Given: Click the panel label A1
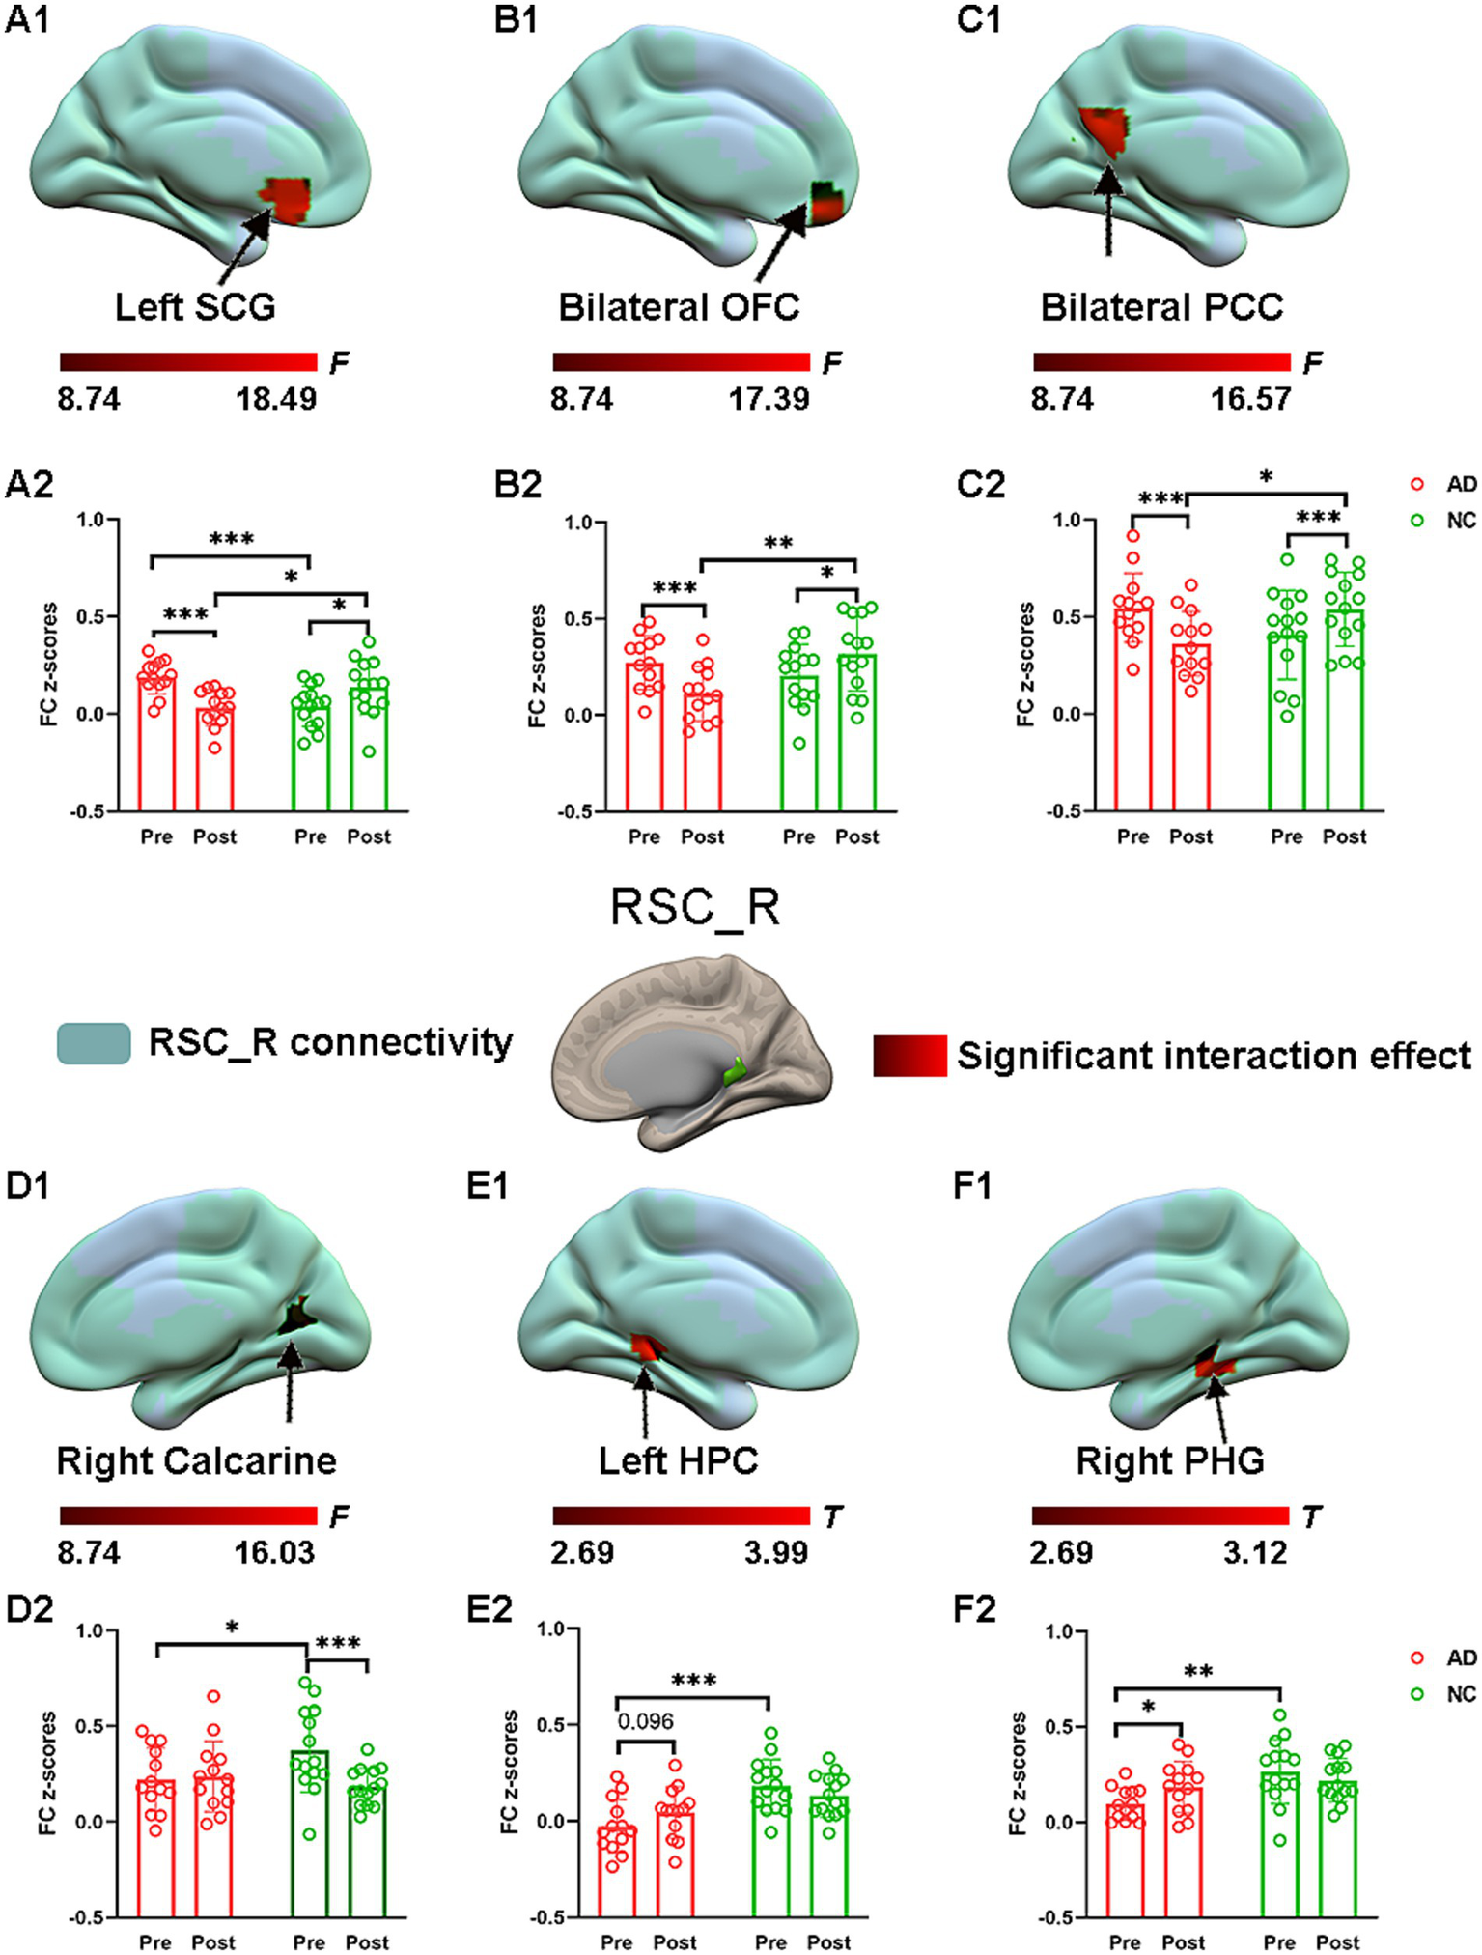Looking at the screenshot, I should click(x=28, y=20).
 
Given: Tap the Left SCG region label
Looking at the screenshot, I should click(x=195, y=307).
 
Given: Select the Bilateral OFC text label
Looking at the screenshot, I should click(x=679, y=307).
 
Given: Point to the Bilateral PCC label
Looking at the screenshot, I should click(x=1161, y=307).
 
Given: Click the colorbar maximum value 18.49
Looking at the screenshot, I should click(x=276, y=398).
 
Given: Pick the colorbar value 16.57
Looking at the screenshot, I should click(x=1251, y=398).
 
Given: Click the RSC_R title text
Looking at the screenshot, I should click(x=695, y=908).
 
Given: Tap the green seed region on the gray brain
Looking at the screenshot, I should click(x=737, y=1069).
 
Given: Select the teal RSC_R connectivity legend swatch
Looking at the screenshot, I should click(x=94, y=1043).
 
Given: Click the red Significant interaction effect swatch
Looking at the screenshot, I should click(x=909, y=1056).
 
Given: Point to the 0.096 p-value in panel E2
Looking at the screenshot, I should click(x=645, y=1720).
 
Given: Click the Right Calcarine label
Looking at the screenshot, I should click(x=197, y=1460).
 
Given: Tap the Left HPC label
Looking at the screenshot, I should click(x=678, y=1460).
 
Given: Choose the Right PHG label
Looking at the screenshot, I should click(x=1170, y=1460).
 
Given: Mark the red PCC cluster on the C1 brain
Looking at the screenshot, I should click(x=1106, y=130).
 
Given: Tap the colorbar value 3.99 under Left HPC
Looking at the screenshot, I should click(x=775, y=1552).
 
